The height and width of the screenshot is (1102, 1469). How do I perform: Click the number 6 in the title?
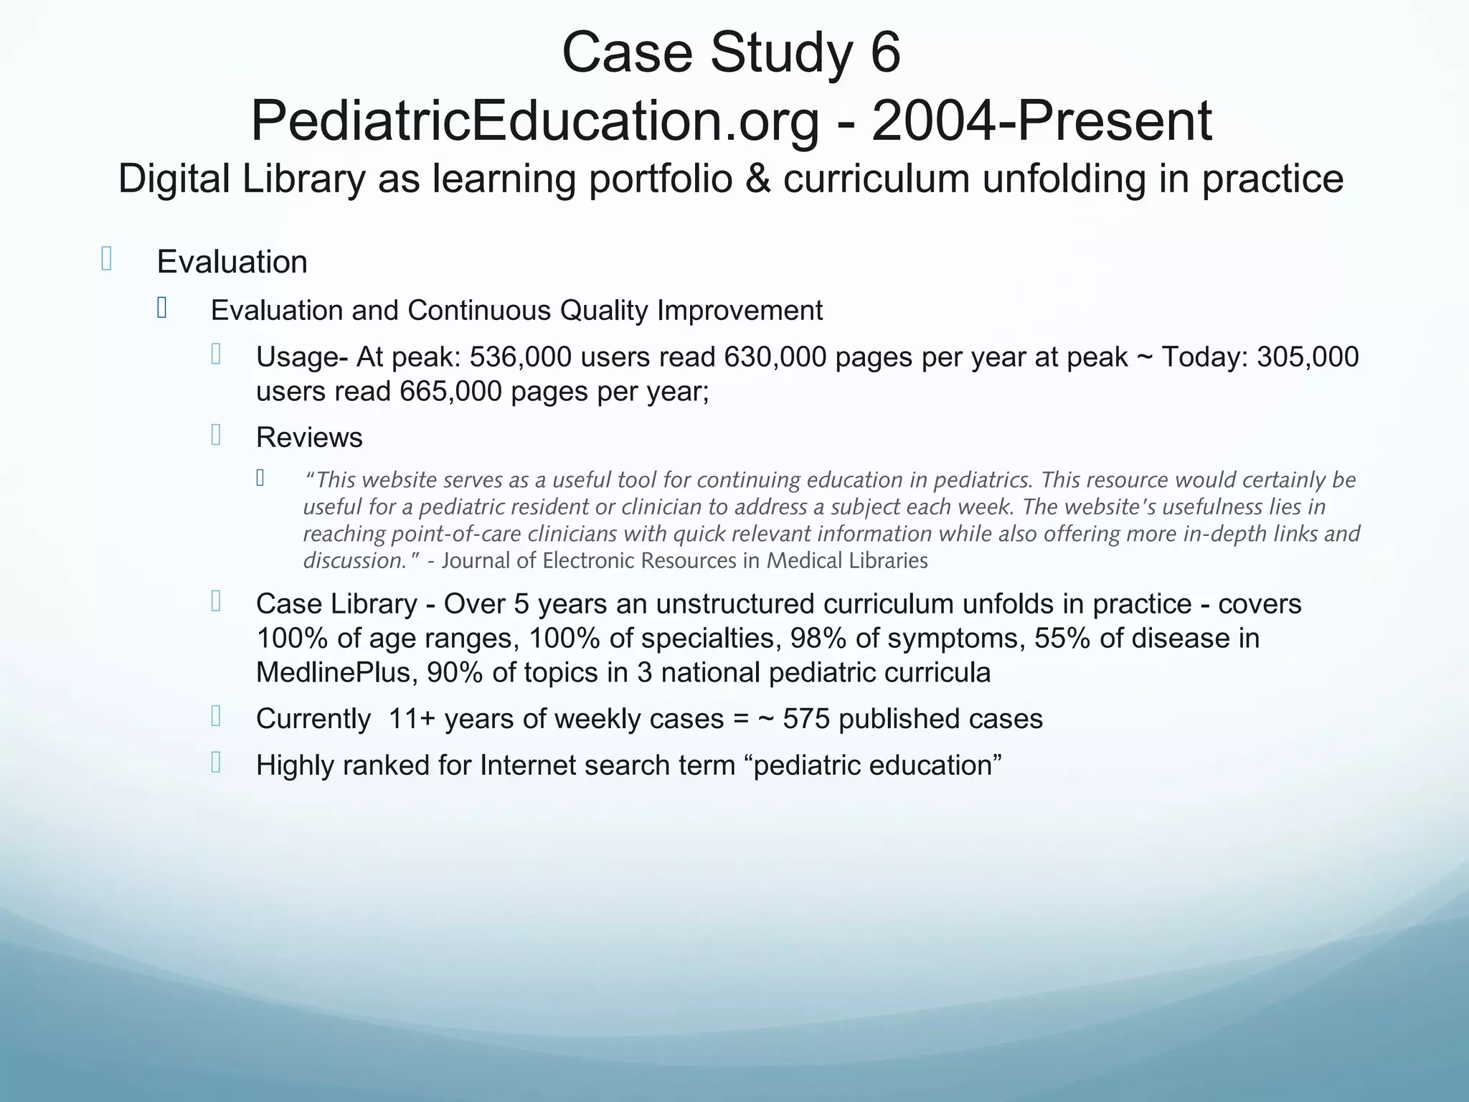(885, 53)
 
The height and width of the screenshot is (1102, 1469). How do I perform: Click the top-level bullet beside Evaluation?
(107, 259)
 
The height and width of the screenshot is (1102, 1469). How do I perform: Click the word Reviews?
(309, 438)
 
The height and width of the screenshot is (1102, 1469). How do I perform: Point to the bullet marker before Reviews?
(216, 435)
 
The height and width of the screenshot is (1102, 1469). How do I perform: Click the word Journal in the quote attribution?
(476, 560)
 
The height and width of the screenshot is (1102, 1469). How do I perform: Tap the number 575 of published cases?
(806, 719)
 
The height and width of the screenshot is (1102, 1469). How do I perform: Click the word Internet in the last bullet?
(530, 766)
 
